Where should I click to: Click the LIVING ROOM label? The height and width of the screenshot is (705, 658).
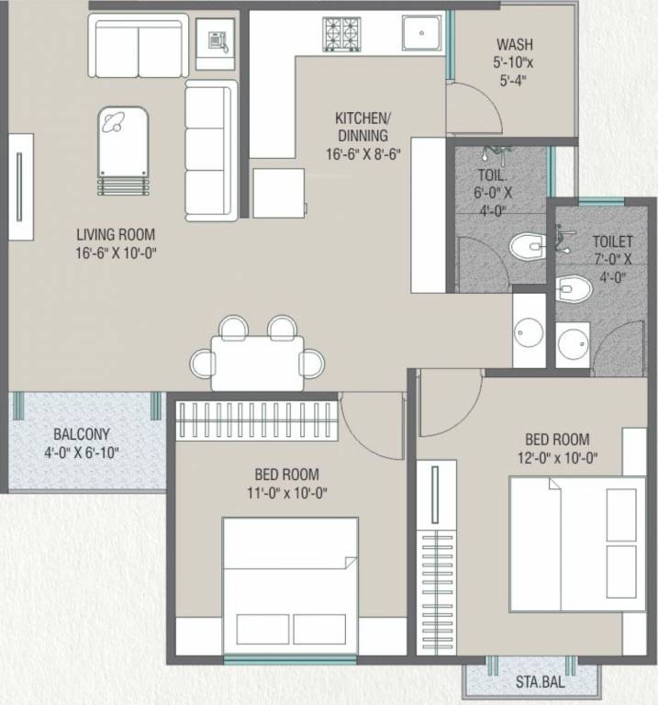(x=116, y=234)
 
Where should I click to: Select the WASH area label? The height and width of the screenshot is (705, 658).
(x=514, y=44)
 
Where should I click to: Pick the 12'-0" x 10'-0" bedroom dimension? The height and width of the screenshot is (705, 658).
(x=557, y=457)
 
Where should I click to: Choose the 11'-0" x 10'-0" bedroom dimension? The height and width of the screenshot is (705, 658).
(x=287, y=492)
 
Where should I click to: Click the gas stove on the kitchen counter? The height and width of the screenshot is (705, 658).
(x=340, y=34)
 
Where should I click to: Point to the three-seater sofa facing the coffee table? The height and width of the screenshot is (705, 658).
(x=210, y=151)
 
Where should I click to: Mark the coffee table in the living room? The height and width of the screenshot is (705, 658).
(x=123, y=149)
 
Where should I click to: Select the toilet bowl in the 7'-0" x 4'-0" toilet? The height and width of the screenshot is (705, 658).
(x=572, y=288)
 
